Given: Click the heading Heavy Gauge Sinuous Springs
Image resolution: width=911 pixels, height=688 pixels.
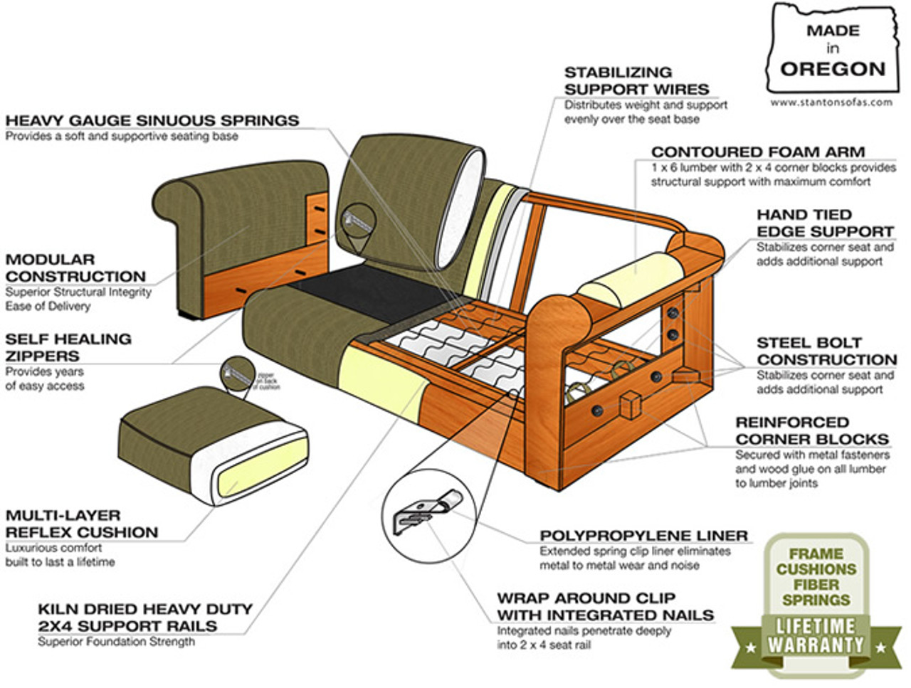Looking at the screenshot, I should click(x=152, y=120).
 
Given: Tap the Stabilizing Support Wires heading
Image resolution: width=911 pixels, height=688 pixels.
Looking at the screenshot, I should click(x=636, y=80).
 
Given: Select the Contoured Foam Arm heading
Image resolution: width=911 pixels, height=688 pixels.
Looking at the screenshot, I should click(x=758, y=152).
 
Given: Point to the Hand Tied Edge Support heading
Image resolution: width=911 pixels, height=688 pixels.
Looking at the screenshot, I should click(x=824, y=223).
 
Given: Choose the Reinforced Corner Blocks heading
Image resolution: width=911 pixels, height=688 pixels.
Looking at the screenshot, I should click(x=811, y=430).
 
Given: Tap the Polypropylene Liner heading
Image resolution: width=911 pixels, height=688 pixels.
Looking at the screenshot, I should click(x=643, y=535).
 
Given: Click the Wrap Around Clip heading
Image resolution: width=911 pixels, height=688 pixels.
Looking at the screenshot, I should click(x=605, y=606).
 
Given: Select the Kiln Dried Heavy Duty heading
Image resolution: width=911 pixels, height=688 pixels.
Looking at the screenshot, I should click(x=144, y=618).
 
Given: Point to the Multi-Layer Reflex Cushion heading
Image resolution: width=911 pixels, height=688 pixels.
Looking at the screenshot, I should click(x=82, y=524).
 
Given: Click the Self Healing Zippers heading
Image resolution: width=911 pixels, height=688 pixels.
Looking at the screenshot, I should click(x=68, y=347).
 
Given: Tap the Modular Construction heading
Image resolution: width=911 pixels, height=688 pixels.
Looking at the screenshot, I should click(x=75, y=268).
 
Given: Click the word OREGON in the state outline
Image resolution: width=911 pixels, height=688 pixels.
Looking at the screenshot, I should click(x=832, y=69).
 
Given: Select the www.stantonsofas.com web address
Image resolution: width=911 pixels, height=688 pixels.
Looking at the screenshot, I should click(x=831, y=102).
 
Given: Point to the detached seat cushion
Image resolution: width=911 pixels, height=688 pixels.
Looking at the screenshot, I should click(x=211, y=445).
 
